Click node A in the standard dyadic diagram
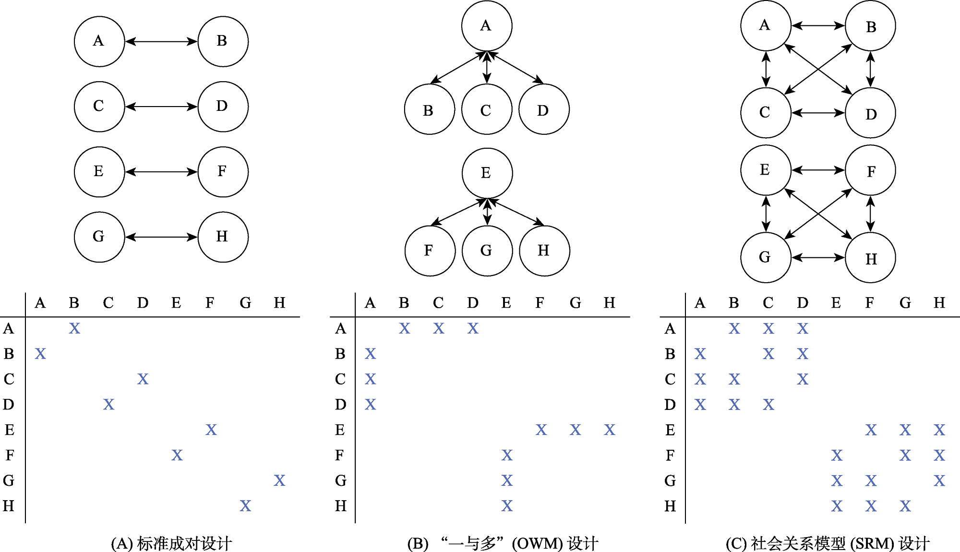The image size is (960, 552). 99,41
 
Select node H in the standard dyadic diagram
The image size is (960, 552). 223,237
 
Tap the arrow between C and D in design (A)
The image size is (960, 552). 161,107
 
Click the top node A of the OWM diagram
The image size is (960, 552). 487,26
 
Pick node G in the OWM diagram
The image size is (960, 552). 487,251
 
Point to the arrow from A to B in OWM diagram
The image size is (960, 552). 458,68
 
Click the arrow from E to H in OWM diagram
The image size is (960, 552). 516,212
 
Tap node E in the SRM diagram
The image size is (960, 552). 766,170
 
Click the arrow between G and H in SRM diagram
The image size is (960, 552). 818,258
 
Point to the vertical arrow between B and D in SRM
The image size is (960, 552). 870,70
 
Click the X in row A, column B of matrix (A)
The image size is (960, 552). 74,328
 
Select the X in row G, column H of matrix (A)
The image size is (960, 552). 279,480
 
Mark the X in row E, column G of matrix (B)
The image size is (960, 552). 576,430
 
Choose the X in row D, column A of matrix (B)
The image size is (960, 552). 370,405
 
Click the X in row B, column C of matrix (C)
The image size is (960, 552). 768,354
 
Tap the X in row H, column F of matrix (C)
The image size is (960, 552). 871,506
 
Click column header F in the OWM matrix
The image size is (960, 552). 540,303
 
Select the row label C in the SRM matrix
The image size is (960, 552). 670,379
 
